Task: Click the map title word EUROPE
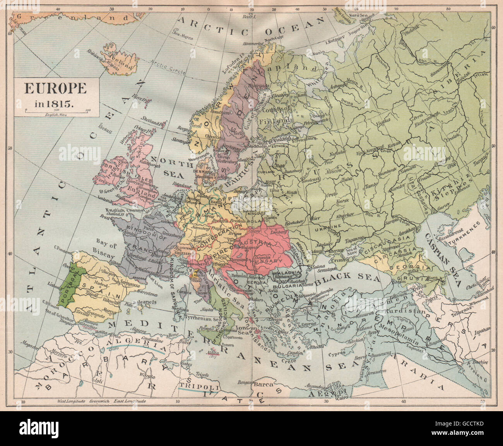56,89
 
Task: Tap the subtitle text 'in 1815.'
56,103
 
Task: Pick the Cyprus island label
335,354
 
